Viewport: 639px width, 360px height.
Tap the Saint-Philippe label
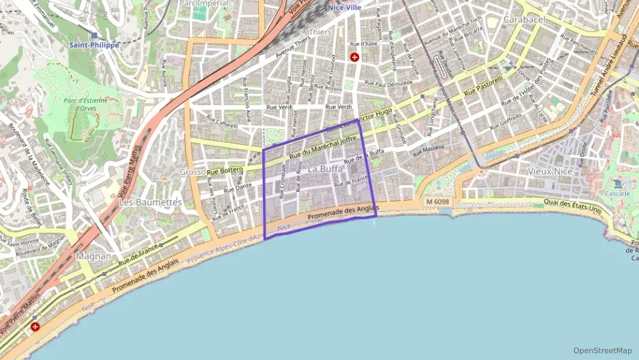[94, 45]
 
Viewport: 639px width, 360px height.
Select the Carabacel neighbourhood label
[524, 20]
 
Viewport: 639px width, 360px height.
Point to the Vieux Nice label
[550, 171]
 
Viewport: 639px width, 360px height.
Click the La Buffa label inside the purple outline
[326, 169]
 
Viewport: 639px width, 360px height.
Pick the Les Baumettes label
[150, 203]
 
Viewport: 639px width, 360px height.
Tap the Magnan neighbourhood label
[94, 256]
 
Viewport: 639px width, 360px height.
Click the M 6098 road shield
[437, 202]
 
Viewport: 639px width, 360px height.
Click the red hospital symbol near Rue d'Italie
[354, 57]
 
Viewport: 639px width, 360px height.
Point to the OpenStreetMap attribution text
[602, 350]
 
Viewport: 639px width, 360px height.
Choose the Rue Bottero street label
[225, 171]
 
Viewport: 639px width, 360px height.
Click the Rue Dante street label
[238, 187]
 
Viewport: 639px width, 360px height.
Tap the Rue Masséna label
[428, 148]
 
